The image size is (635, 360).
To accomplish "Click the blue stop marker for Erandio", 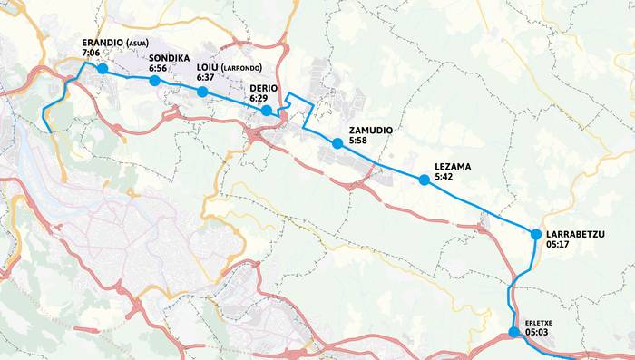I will click(103, 69).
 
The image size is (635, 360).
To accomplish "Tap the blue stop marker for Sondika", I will click(154, 81).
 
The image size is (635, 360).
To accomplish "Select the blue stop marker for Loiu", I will click(202, 92).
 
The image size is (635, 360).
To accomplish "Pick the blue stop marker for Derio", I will click(267, 111).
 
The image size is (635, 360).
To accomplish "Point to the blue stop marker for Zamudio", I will click(337, 143).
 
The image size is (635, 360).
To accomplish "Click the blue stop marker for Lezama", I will click(424, 180).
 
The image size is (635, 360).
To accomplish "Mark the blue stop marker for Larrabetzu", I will click(536, 235).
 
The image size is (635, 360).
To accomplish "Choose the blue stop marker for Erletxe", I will click(513, 333).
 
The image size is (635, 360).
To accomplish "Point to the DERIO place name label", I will click(264, 87).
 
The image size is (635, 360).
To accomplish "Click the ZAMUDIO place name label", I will click(370, 131).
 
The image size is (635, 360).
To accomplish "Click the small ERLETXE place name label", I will click(538, 322).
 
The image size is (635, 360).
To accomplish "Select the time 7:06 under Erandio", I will click(91, 54).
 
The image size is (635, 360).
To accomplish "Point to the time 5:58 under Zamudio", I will click(357, 141).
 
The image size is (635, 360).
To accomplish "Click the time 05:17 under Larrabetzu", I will click(558, 244).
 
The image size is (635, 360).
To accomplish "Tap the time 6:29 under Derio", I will click(259, 98).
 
